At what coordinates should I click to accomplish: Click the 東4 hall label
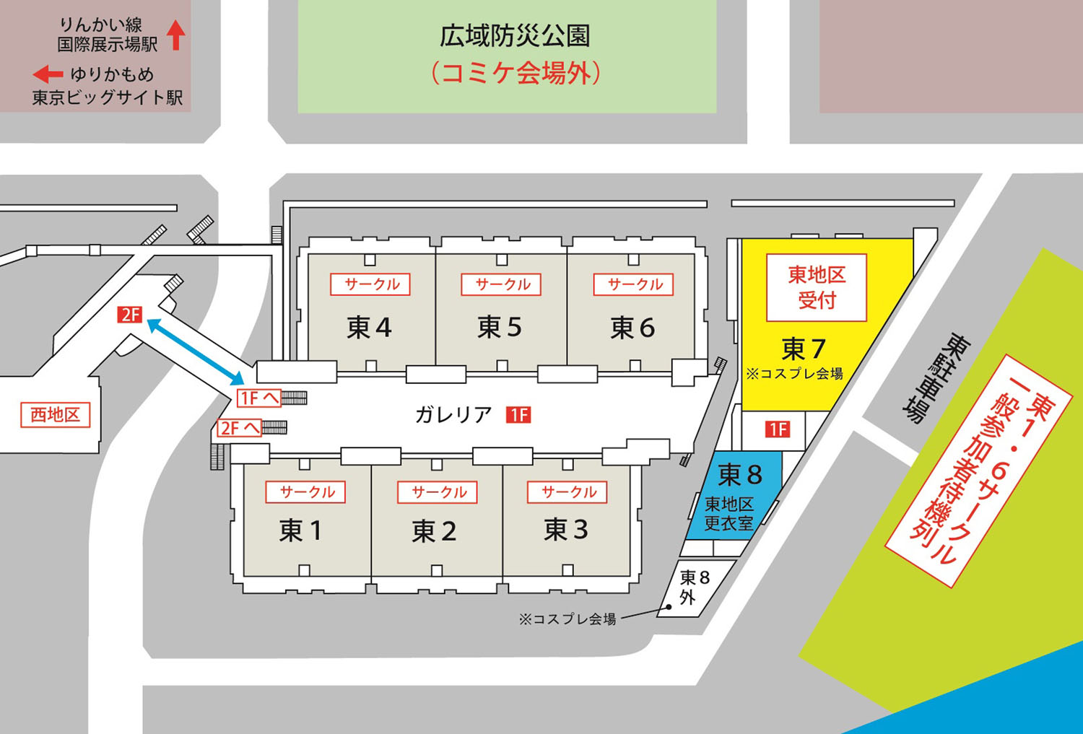tap(369, 328)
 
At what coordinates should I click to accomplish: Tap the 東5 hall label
tap(500, 328)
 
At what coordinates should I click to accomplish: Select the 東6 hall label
tap(632, 328)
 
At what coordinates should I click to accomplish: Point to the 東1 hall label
tap(300, 530)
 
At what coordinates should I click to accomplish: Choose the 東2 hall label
tap(434, 532)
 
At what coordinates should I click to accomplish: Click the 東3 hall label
tap(566, 530)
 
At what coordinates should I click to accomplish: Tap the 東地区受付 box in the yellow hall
tap(817, 287)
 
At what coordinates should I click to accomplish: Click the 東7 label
tap(803, 349)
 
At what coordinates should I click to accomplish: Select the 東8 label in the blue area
tap(740, 475)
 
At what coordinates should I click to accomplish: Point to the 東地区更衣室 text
tap(728, 514)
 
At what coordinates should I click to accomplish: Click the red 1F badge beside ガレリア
tap(518, 415)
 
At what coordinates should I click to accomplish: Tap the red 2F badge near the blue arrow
tap(131, 315)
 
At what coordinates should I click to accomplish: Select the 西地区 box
tap(56, 415)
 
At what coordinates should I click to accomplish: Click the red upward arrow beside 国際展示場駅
tap(176, 35)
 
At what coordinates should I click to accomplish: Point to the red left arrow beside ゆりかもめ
tap(48, 74)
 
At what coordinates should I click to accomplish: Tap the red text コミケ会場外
tap(516, 73)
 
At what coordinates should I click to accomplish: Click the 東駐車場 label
tap(935, 377)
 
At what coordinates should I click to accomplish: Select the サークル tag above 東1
tap(306, 492)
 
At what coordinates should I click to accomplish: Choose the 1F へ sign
tap(258, 398)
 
